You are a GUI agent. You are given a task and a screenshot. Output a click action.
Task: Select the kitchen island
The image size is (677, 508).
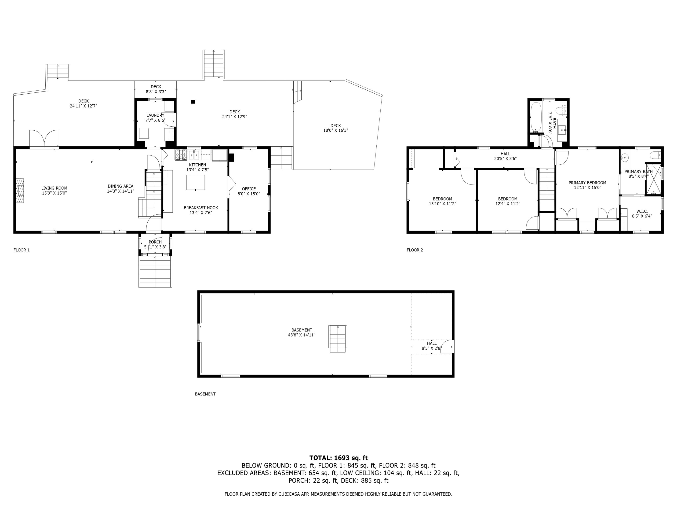pos(196,183)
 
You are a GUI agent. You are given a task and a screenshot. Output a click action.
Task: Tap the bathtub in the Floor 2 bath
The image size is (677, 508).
pos(536,118)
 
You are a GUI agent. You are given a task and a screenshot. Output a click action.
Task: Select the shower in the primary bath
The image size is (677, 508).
pos(653,179)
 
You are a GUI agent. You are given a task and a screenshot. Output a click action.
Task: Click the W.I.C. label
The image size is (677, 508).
pos(642,211)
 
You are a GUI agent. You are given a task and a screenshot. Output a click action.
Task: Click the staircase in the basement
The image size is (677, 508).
pos(338,339)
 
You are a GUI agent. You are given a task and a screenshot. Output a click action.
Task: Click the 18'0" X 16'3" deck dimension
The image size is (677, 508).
pos(336,130)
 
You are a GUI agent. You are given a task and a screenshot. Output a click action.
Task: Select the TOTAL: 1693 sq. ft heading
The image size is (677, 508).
pos(338,458)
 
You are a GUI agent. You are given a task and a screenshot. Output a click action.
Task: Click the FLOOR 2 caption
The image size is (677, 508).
pos(415,250)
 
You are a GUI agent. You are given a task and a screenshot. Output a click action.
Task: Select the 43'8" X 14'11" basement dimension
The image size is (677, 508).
pos(302,335)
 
